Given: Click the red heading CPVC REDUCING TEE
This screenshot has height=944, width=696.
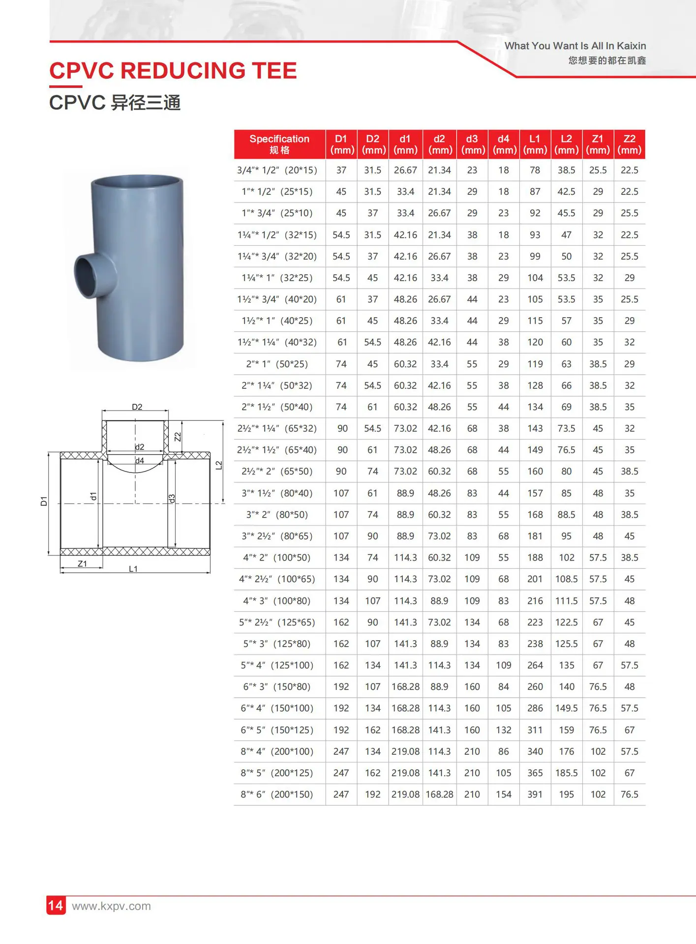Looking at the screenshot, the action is pyautogui.click(x=173, y=71).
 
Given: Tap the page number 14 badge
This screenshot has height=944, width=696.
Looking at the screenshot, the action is pyautogui.click(x=56, y=905).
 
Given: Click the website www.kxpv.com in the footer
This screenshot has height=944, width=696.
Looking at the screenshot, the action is pyautogui.click(x=111, y=906).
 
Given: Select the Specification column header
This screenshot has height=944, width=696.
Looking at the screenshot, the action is pyautogui.click(x=279, y=144).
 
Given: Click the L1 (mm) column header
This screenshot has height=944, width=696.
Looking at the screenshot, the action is pyautogui.click(x=535, y=144).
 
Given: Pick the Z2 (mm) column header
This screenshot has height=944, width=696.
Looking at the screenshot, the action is pyautogui.click(x=630, y=144).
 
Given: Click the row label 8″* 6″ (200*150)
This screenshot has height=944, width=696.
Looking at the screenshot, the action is pyautogui.click(x=277, y=794).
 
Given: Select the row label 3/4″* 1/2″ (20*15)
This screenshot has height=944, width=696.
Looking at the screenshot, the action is pyautogui.click(x=277, y=170).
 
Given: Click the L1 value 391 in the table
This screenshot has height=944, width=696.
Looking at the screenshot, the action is pyautogui.click(x=535, y=794).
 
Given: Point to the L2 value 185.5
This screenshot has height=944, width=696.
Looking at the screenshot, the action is pyautogui.click(x=566, y=772).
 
